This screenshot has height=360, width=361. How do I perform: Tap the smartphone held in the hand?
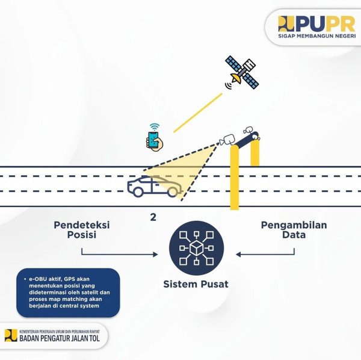tap(153, 140)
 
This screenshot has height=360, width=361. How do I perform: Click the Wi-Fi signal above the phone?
tap(154, 127)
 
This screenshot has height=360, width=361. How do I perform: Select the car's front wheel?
tap(173, 192)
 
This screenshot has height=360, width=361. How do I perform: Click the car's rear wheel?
tap(138, 192)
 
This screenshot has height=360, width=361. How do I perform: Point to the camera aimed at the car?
tap(227, 140)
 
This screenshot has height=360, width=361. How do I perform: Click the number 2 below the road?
tap(153, 217)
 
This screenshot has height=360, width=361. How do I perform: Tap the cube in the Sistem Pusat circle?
tap(196, 248)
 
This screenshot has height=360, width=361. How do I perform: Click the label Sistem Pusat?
tap(196, 284)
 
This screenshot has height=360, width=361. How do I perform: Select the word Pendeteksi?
tap(82, 225)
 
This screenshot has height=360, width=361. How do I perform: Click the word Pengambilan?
tap(294, 225)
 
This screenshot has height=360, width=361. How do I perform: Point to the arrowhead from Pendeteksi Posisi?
tap(156, 254)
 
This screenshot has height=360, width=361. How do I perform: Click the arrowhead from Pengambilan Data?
tap(238, 254)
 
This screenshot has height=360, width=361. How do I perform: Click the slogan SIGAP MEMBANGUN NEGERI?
tap(317, 36)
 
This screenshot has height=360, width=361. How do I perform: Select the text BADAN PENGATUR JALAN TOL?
tap(60, 338)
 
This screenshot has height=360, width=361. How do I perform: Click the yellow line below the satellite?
tap(198, 113)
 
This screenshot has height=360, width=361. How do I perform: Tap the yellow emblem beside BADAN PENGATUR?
tap(11, 335)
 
